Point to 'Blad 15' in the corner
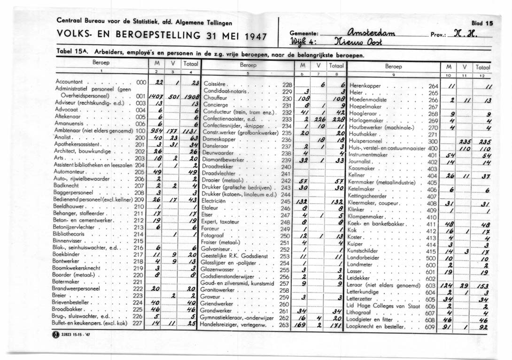(482, 22)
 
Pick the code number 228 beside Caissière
(287, 85)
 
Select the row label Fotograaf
(214, 235)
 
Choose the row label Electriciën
(215, 200)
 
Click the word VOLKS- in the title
(73, 37)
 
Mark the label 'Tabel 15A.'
(72, 51)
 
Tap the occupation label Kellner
(357, 176)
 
